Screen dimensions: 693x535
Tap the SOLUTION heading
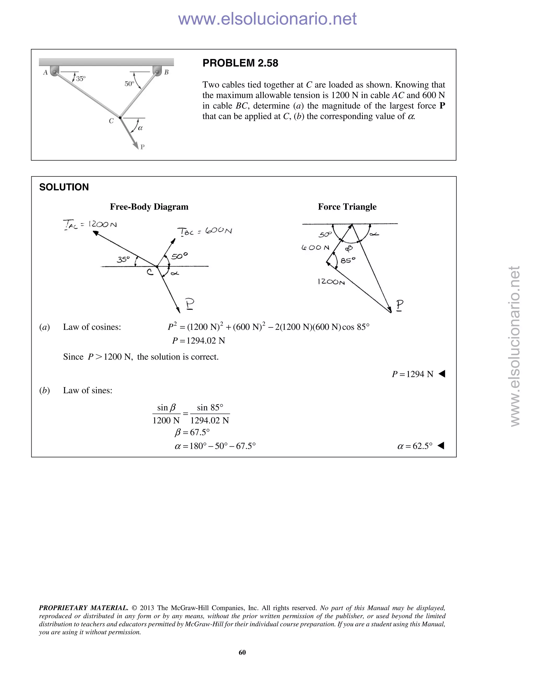click(x=64, y=187)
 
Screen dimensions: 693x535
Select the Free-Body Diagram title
click(x=149, y=207)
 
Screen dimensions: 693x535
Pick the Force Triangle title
click(x=347, y=207)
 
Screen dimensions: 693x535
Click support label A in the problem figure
click(x=45, y=73)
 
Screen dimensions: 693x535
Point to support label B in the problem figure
click(x=166, y=72)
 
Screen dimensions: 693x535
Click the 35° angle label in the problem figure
click(x=81, y=78)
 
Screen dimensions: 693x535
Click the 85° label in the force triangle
click(x=348, y=260)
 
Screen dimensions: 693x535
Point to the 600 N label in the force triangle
click(x=315, y=247)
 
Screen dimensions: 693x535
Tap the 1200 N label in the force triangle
click(x=331, y=282)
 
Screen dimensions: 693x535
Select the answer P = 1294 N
click(x=412, y=374)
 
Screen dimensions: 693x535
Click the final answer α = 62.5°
click(x=415, y=446)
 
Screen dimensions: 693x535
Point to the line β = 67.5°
click(x=192, y=433)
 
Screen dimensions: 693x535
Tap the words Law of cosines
click(x=92, y=327)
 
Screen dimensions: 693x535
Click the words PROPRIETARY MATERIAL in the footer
click(x=83, y=608)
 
